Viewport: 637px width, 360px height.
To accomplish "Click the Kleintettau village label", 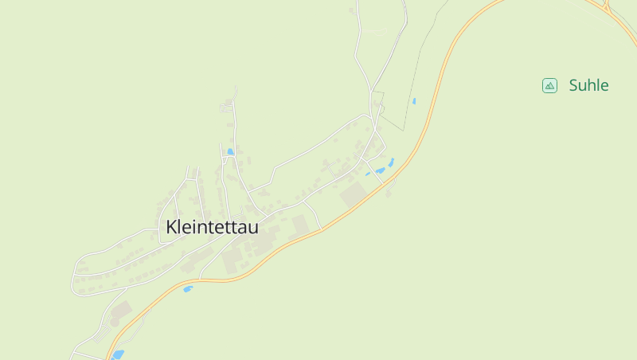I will pyautogui.click(x=213, y=227).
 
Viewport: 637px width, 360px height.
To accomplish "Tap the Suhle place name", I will pyautogui.click(x=588, y=85).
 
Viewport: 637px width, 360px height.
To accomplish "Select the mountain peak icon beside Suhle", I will pyautogui.click(x=549, y=85).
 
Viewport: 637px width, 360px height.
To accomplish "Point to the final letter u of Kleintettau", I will pyautogui.click(x=253, y=228).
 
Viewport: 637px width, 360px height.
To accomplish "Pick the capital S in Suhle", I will pyautogui.click(x=573, y=85).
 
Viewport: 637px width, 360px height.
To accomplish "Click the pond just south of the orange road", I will pyautogui.click(x=188, y=289).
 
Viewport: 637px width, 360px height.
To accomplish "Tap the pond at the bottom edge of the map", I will pyautogui.click(x=118, y=354).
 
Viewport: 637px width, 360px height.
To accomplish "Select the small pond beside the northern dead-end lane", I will pyautogui.click(x=230, y=151).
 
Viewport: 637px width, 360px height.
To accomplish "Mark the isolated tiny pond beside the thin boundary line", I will pyautogui.click(x=413, y=101).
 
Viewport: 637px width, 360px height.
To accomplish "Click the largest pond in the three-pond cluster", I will pyautogui.click(x=381, y=170).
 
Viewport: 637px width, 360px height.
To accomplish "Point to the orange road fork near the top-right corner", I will pyautogui.click(x=605, y=8).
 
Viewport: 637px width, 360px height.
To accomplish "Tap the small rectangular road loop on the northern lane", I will pyautogui.click(x=229, y=107).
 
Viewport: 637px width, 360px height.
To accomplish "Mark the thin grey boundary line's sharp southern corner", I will pyautogui.click(x=404, y=129).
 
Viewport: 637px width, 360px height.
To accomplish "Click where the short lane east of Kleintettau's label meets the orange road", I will pyautogui.click(x=321, y=229).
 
